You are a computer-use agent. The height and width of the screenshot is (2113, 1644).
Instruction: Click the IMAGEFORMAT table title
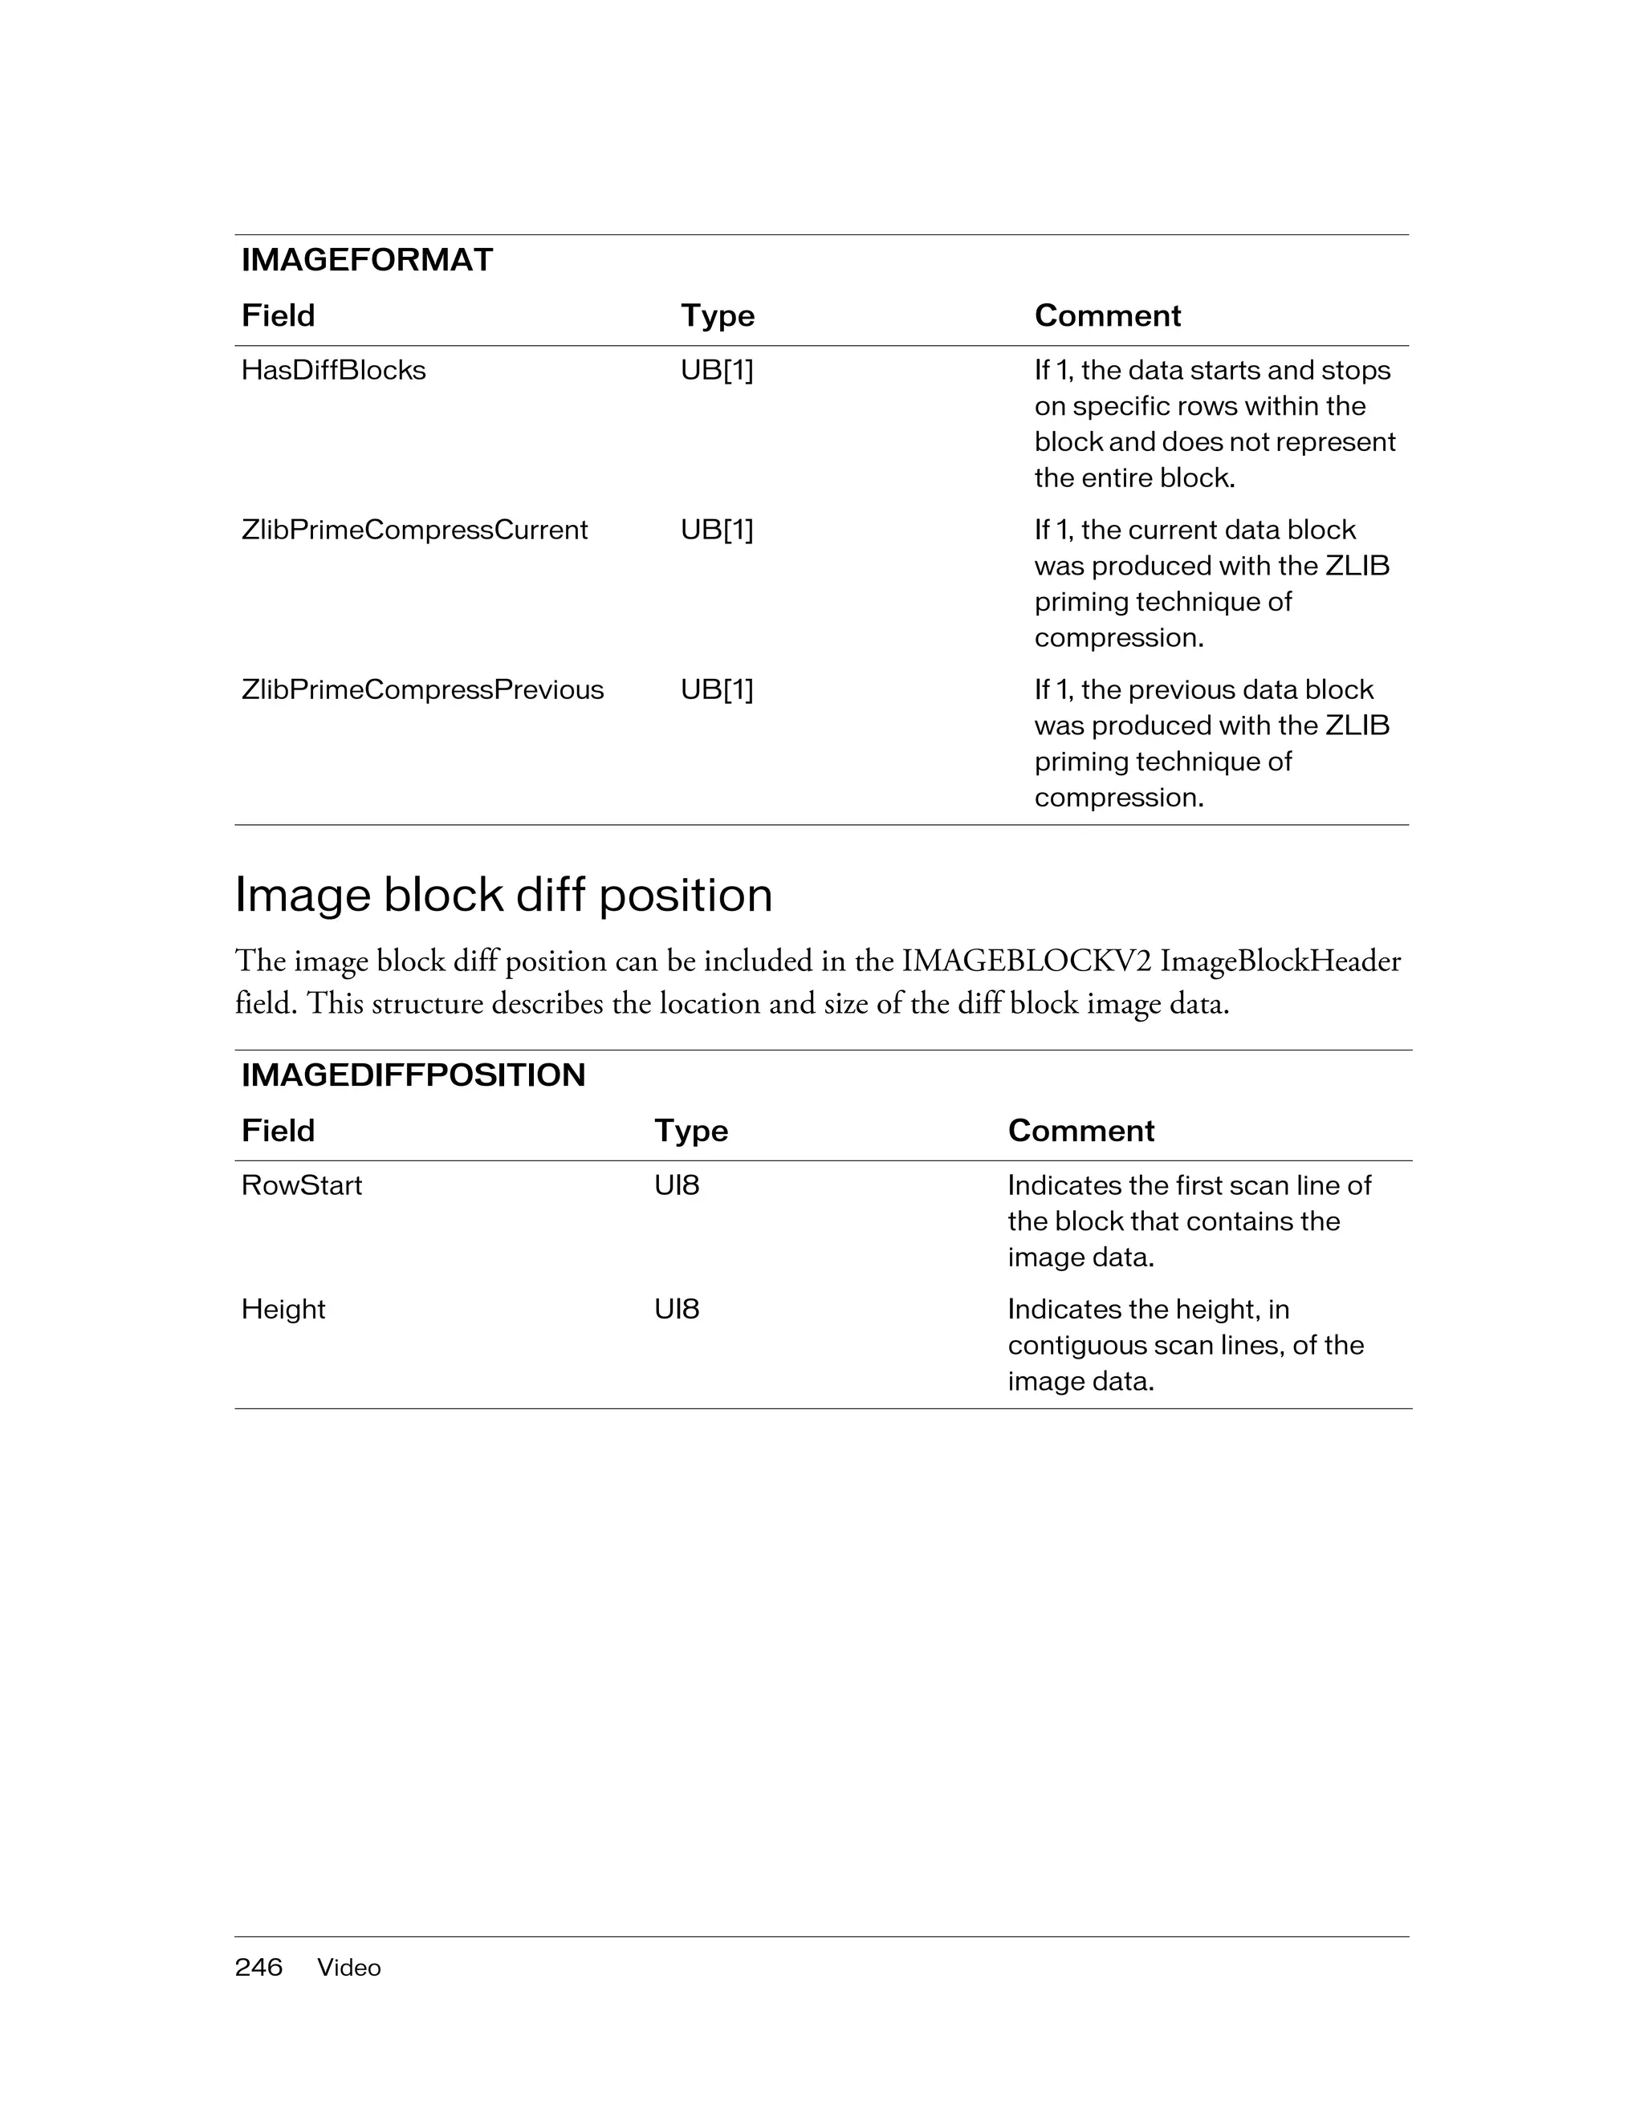coord(367,260)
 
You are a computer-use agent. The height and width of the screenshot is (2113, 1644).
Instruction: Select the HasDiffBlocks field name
coord(333,371)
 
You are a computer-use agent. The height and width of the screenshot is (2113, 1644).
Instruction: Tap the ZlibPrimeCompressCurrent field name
coord(414,530)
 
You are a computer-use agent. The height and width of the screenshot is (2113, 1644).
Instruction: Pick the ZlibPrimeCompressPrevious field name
coord(422,690)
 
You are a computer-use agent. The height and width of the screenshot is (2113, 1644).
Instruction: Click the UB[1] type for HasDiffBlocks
coord(716,371)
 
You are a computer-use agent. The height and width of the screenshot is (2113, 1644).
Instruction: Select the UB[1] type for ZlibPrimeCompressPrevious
coord(716,690)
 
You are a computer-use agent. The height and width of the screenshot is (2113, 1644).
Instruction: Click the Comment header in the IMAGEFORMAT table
coord(1107,315)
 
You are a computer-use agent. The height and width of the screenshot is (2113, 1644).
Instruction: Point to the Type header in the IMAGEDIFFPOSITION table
coord(691,1130)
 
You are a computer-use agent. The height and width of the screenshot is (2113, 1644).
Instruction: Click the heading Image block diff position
coord(503,894)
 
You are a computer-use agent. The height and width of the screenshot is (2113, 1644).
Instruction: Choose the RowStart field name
coord(301,1185)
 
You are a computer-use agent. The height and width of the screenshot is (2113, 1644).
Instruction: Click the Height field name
coord(283,1309)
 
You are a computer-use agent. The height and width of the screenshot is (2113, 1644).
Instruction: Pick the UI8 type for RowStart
coord(677,1185)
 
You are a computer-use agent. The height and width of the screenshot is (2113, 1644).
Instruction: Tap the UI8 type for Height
coord(677,1309)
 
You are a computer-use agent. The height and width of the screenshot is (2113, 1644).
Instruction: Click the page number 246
coord(258,1967)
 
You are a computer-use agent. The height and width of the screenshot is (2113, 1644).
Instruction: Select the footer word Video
coord(348,1968)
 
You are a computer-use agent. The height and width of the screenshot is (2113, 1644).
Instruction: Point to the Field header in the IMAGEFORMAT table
coord(278,315)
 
